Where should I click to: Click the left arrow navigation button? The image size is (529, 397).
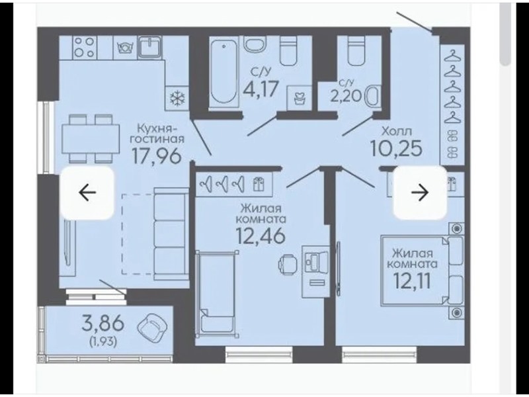tap(87, 193)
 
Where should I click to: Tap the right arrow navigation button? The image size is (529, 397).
tap(420, 193)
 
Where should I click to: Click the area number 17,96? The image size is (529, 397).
tap(157, 156)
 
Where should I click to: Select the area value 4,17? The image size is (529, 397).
tap(261, 89)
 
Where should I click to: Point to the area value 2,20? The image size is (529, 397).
tap(346, 97)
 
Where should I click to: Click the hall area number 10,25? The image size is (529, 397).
tap(396, 148)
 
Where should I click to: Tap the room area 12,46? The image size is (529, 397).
tap(261, 236)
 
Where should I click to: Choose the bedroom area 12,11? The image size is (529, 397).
tap(412, 281)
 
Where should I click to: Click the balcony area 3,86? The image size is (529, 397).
tap(103, 323)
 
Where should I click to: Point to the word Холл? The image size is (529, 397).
tap(397, 130)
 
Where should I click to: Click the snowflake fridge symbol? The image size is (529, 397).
tap(177, 98)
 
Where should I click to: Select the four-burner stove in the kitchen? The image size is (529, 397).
tap(85, 48)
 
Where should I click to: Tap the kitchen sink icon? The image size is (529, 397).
tap(149, 47)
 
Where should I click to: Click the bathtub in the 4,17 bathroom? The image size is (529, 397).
tap(223, 72)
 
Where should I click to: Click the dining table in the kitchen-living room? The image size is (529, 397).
tap(91, 139)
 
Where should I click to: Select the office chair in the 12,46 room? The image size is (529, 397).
tap(288, 263)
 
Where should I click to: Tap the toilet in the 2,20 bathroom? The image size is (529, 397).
tap(356, 51)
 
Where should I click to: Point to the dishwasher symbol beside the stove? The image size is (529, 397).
tap(125, 48)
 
